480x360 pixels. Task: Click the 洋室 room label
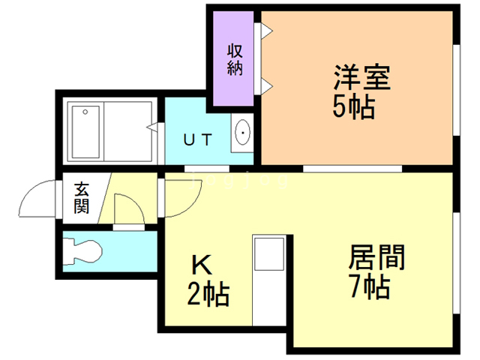point(361,78)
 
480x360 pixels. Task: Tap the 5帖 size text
point(354,107)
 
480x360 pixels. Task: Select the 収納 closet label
point(234,59)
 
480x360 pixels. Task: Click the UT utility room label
point(199,139)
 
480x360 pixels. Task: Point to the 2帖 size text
point(208,293)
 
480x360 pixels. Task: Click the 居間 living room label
point(376,259)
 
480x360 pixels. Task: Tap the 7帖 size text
point(368,287)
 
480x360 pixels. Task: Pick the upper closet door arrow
point(265,31)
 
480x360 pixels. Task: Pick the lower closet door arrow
point(265,85)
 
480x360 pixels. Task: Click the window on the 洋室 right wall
point(455,90)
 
